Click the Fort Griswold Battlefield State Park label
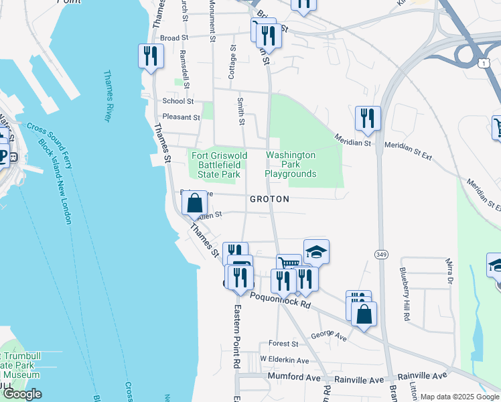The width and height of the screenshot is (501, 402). [x=220, y=165]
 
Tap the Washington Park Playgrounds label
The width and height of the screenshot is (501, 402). [x=290, y=164]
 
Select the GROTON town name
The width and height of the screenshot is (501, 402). [x=269, y=200]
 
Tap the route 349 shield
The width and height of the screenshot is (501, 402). [x=381, y=254]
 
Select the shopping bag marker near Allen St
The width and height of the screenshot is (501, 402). [x=194, y=204]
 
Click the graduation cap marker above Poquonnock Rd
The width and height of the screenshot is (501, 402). [x=316, y=252]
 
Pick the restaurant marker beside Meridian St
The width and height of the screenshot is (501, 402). [x=367, y=119]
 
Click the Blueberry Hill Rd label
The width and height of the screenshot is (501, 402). [x=404, y=294]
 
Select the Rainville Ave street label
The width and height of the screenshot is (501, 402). [x=422, y=377]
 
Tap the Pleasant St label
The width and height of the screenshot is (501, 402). [x=182, y=117]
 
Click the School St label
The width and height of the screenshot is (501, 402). [x=178, y=101]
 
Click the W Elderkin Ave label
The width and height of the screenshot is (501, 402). [x=285, y=360]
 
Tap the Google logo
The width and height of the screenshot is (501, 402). [x=22, y=394]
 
